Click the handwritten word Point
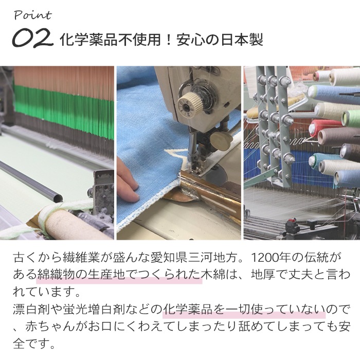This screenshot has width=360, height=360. (33, 15)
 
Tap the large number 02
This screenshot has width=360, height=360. (32, 38)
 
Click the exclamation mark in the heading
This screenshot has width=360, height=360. (169, 40)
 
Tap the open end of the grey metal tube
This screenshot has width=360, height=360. (58, 197)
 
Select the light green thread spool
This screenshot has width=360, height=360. (351, 118)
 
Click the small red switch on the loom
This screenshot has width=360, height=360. (292, 221)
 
